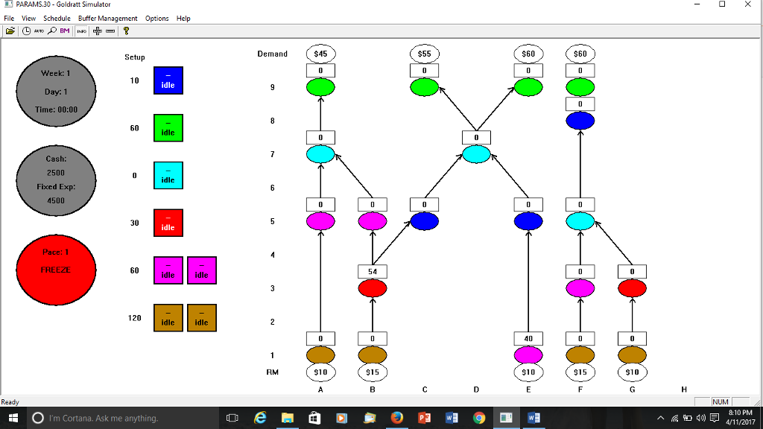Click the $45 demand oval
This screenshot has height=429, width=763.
point(320,54)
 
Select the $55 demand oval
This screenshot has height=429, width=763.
point(424,54)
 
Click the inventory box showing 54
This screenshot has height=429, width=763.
point(372,272)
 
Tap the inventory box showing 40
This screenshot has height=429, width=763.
point(528,339)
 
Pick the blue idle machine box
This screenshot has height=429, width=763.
point(168,80)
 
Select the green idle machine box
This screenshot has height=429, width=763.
point(168,128)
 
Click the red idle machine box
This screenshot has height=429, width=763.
point(168,223)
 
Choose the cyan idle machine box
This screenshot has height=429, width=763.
point(168,176)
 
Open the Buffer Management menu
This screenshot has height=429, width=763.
point(107,18)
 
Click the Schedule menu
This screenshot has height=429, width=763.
point(57,18)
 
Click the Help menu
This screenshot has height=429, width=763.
point(183,18)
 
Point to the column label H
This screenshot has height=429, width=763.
point(684,389)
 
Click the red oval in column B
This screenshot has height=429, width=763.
point(372,288)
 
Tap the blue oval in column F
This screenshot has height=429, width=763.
point(580,121)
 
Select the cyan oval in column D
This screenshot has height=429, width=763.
point(476,154)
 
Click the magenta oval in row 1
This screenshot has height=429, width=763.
point(528,355)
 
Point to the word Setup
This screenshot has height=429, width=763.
point(135,57)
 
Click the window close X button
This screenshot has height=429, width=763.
point(747,5)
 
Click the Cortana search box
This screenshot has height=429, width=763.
point(112,418)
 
